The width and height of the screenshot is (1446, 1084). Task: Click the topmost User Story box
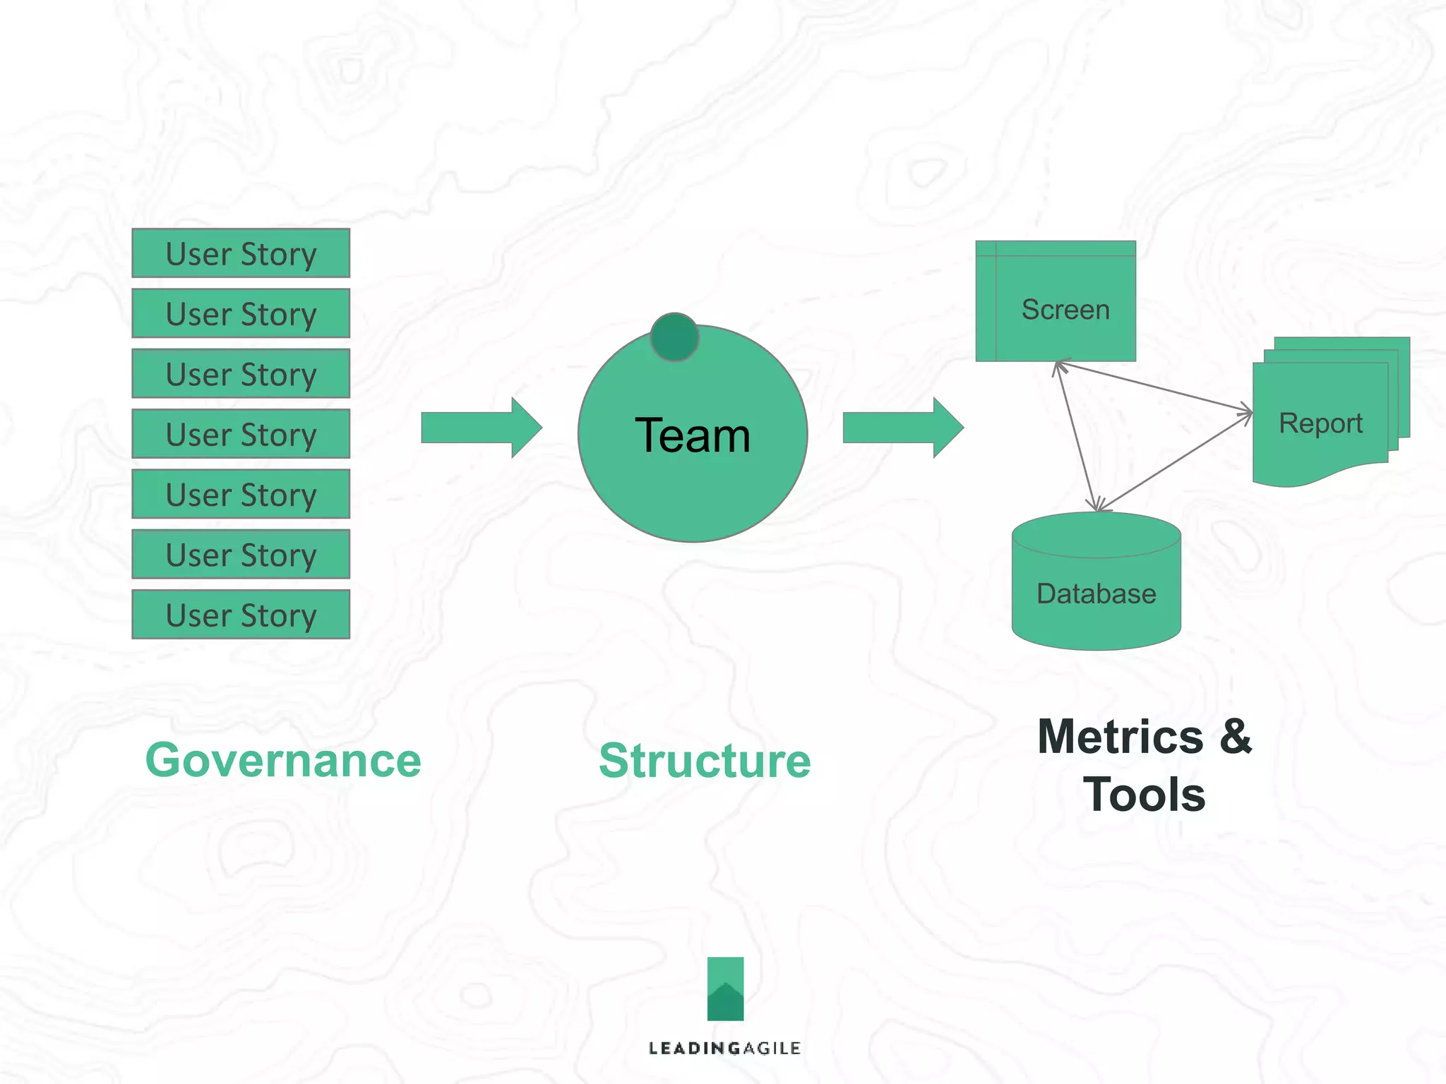241,253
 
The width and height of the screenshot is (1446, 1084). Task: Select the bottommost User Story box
241,615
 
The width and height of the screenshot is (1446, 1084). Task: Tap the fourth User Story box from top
241,434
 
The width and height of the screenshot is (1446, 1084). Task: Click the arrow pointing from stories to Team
480,428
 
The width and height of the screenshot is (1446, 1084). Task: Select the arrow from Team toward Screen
902,428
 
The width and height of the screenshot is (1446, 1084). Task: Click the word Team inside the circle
692,435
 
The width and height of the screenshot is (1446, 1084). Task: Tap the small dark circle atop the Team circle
674,337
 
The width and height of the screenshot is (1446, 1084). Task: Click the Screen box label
1065,310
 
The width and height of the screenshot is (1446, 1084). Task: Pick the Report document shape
1320,423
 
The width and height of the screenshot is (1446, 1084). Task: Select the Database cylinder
1096,593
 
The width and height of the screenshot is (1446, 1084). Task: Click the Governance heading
283,761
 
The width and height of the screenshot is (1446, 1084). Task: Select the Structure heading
704,761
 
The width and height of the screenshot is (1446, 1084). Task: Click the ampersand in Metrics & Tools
1235,737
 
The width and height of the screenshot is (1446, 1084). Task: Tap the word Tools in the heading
1144,795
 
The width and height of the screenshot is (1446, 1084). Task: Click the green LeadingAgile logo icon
725,989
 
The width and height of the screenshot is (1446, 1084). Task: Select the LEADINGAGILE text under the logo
724,1048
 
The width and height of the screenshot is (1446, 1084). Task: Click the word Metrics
1120,737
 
